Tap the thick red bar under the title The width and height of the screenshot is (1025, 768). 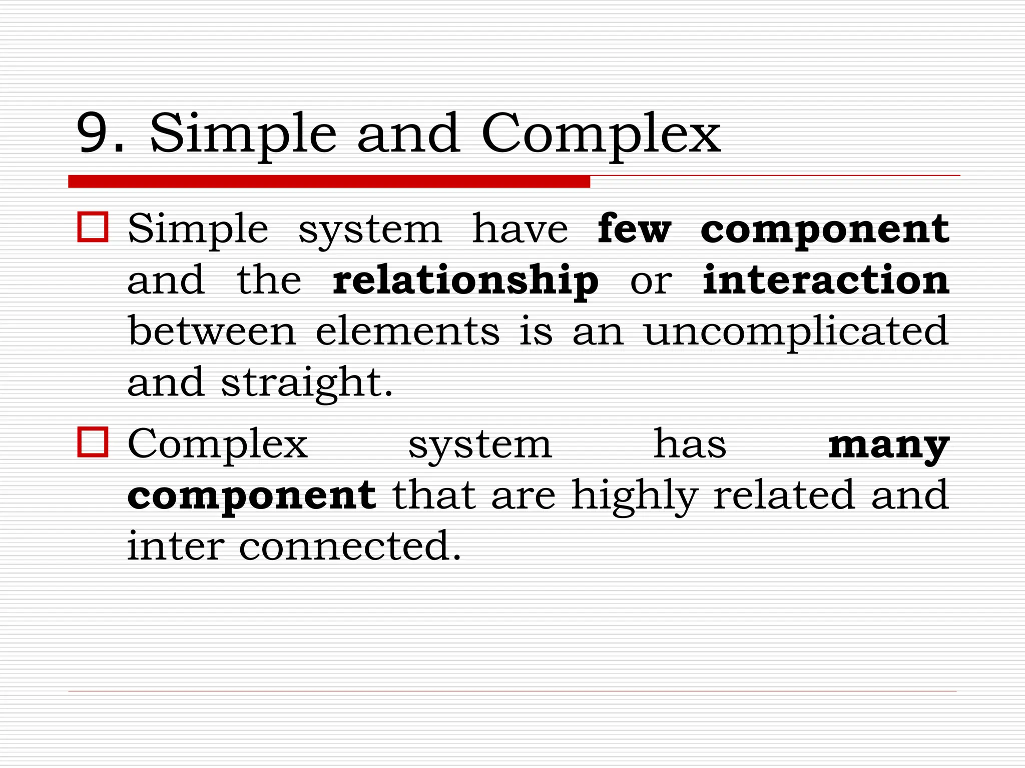[x=329, y=181]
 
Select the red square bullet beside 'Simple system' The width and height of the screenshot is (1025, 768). [x=93, y=227]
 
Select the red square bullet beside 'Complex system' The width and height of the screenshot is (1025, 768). [x=93, y=442]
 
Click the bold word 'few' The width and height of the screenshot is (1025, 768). [x=634, y=228]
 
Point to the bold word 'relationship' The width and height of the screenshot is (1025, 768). [x=465, y=281]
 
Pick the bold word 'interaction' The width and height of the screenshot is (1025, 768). [x=825, y=279]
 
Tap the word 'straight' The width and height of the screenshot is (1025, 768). [x=306, y=383]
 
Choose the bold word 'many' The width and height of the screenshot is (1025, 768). [x=888, y=445]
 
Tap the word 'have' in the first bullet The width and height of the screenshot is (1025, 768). [x=520, y=228]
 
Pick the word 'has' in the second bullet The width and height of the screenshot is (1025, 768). [x=690, y=443]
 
